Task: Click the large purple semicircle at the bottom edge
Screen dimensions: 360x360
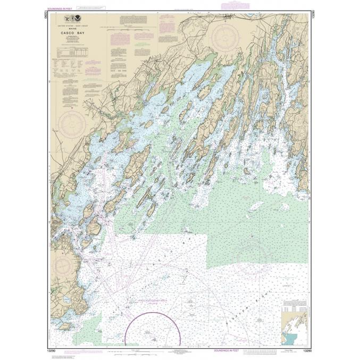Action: click(153, 329)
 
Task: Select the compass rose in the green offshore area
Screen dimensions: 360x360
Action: click(248, 254)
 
